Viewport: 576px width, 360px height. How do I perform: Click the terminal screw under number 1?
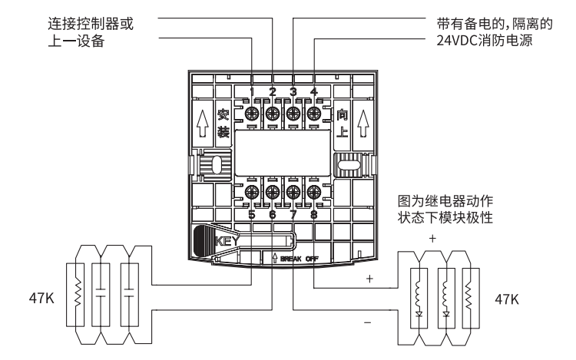[252, 114]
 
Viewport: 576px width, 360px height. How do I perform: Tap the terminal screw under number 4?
[313, 114]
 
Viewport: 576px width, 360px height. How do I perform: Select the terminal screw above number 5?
[252, 192]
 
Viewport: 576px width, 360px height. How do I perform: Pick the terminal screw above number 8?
[313, 192]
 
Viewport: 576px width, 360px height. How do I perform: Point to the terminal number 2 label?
[273, 93]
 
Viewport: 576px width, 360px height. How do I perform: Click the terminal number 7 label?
[293, 215]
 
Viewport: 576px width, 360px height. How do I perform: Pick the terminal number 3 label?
[293, 93]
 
